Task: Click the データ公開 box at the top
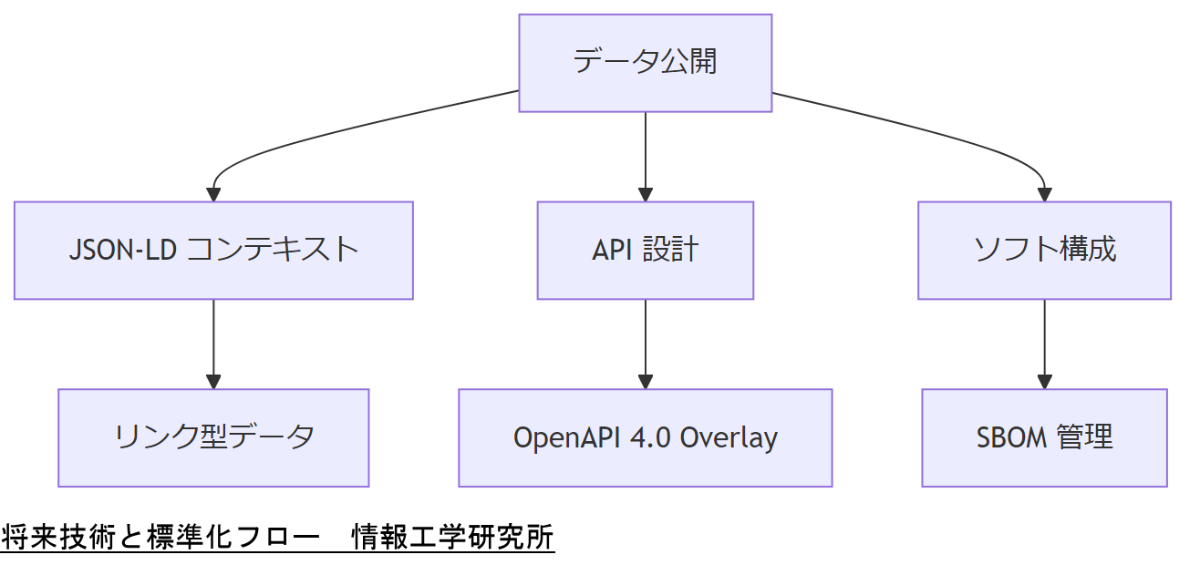click(x=645, y=63)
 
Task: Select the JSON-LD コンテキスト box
click(x=213, y=251)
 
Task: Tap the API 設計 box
click(x=645, y=251)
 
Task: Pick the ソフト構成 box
click(x=1044, y=251)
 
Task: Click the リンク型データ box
click(x=213, y=438)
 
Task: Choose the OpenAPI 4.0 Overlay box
click(x=645, y=438)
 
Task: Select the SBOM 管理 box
click(x=1044, y=438)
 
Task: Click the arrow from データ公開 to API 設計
click(x=645, y=155)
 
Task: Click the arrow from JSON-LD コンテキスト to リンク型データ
click(x=213, y=344)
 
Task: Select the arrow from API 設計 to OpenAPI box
click(x=645, y=344)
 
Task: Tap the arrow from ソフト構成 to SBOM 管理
click(x=1044, y=344)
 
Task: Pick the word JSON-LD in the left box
click(x=122, y=251)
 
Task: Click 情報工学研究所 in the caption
click(x=453, y=538)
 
